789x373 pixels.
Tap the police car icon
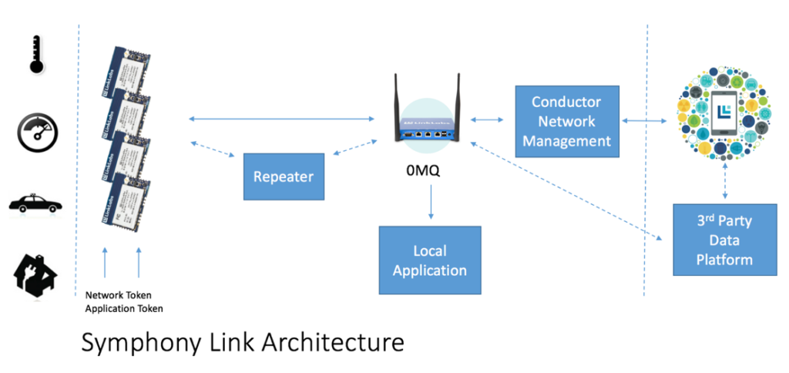(x=35, y=204)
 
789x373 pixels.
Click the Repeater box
(x=284, y=176)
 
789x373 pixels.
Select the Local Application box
(x=429, y=260)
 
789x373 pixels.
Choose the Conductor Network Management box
(x=566, y=121)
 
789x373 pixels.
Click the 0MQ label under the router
(x=423, y=172)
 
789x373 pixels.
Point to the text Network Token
(x=119, y=294)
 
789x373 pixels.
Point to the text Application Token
(x=124, y=308)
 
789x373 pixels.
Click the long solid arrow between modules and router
(x=281, y=118)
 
